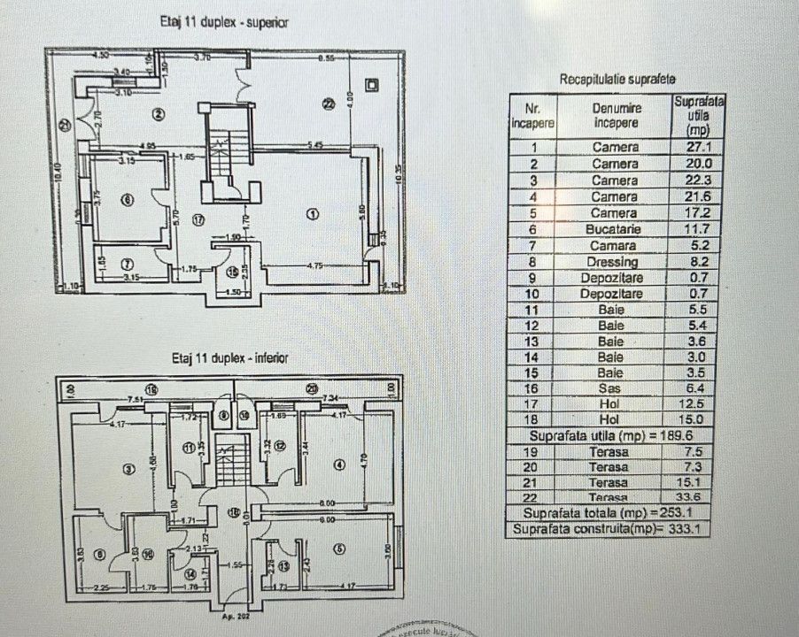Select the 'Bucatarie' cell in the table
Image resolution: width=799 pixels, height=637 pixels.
pos(615,229)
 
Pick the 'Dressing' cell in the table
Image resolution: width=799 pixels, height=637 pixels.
pos(615,262)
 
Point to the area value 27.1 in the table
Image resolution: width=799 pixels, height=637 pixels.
pos(699,148)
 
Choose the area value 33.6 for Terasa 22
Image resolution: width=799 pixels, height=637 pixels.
pos(699,497)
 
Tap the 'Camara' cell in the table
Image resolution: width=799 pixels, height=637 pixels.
pos(615,245)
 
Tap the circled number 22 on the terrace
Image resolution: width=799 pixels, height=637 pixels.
pos(329,103)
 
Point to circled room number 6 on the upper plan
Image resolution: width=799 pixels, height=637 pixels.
pos(128,201)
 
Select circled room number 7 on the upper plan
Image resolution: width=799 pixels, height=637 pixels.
pos(128,263)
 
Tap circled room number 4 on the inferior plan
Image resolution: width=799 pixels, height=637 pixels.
pos(339,464)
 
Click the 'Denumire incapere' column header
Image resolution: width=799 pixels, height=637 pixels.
pos(615,112)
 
